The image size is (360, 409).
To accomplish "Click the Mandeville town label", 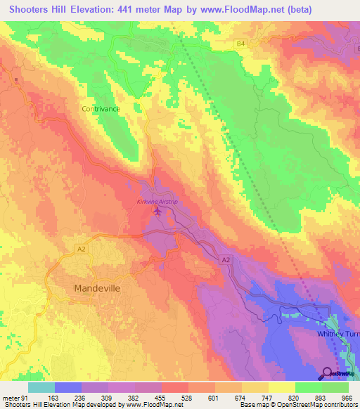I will [95, 288].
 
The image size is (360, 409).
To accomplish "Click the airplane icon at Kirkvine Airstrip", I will [156, 210].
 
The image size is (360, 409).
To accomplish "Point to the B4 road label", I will [240, 44].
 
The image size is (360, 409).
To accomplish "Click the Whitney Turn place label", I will [337, 334].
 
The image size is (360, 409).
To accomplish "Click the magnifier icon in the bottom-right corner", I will [328, 373].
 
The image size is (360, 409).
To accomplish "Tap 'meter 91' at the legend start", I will [15, 398].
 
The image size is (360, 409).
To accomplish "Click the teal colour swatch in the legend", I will [41, 387].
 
